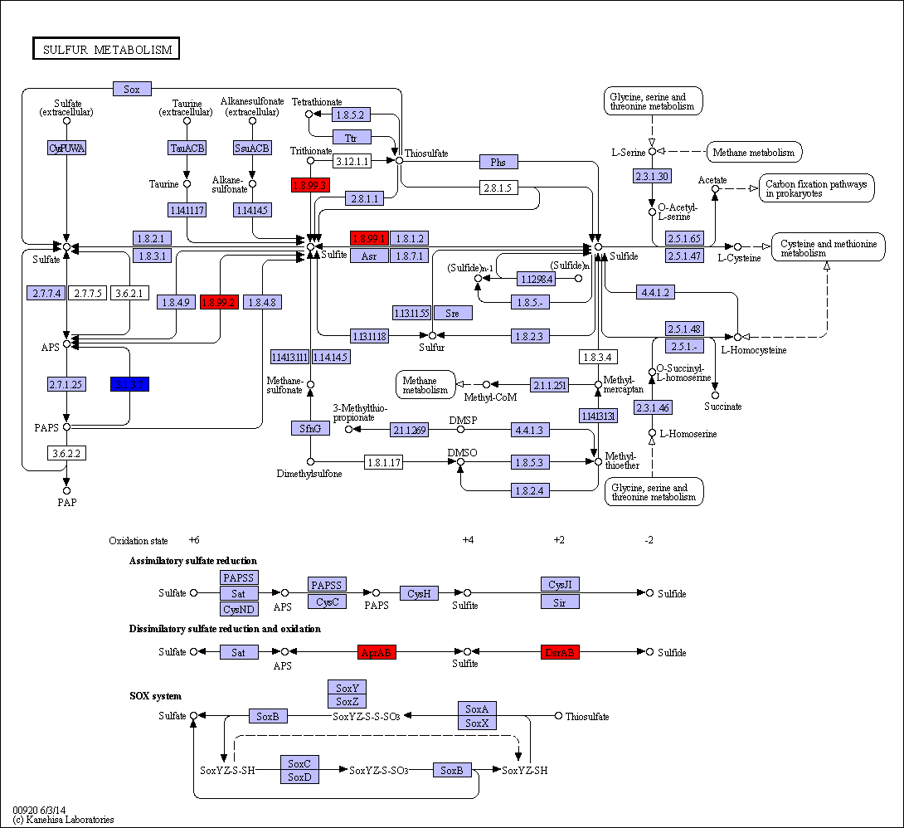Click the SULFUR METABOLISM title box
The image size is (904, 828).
coord(106,49)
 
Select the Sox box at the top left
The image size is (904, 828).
coord(132,89)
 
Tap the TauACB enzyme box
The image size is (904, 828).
coord(187,148)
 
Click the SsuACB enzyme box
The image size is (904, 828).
coord(252,148)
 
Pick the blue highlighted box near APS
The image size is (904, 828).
coord(129,384)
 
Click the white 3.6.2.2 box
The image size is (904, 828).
coord(67,453)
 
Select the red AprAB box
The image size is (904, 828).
coord(377,652)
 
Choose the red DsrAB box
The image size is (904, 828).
coord(560,652)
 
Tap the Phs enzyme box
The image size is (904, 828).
coord(498,162)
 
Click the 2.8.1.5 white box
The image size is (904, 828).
coord(498,188)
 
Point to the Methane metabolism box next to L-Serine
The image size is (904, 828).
coord(754,152)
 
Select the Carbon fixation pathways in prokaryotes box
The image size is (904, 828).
coord(816,188)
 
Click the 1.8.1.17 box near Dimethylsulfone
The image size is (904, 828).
coord(382,462)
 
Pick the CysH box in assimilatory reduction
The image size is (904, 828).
coord(419,593)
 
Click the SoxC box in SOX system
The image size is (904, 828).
coord(299,763)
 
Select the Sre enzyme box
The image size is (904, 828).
coord(452,313)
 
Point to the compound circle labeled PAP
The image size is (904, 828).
coord(66,491)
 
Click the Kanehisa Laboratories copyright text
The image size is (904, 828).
coord(63,820)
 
